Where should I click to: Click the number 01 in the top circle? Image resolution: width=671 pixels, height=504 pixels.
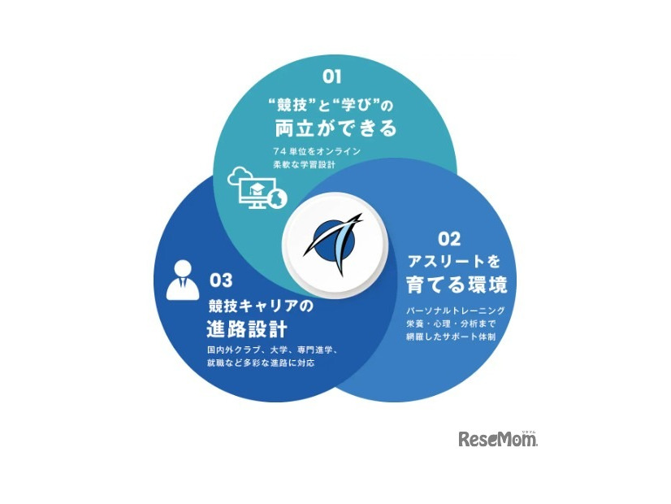331,76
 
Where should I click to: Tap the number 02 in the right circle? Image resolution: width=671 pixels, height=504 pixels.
449,238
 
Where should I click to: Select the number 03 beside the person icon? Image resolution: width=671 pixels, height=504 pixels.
221,280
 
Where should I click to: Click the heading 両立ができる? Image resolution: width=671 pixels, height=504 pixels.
335,128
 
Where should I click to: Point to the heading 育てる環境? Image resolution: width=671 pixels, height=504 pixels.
457,286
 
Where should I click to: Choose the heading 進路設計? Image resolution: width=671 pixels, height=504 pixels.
245,330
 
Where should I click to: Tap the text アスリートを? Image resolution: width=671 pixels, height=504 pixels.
455,262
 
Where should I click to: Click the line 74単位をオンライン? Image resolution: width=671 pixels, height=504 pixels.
316,151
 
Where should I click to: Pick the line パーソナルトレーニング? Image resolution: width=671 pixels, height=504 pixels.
456,311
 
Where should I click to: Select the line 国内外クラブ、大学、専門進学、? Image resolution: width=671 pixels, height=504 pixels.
266,350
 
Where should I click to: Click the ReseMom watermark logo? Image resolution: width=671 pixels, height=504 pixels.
498,439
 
